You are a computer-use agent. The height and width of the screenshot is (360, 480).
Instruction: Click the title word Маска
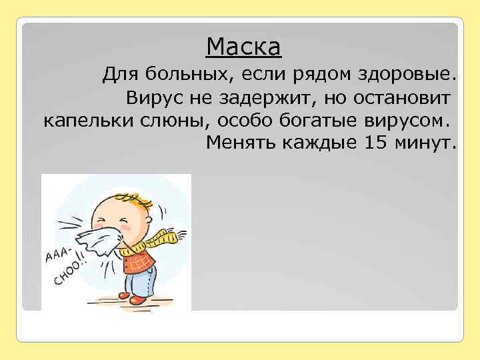point(243,47)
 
